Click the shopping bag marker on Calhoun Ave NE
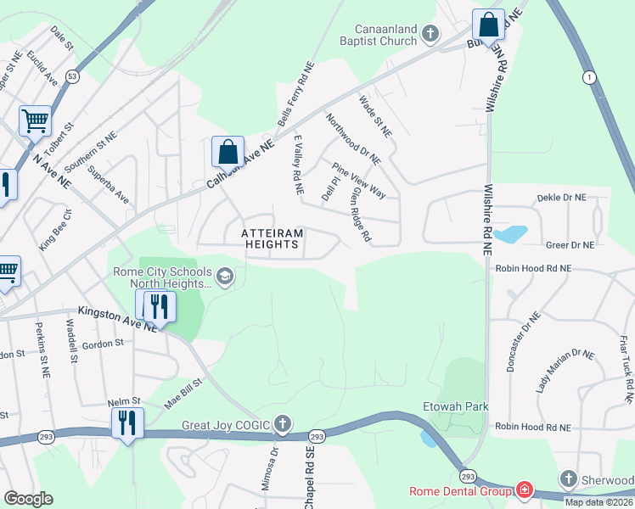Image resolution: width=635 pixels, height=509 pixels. tap(228, 152)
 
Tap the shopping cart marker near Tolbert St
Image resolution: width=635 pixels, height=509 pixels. tap(35, 120)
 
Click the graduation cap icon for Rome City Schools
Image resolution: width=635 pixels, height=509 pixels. tap(225, 275)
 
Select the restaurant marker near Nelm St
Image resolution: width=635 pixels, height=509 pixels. tap(127, 422)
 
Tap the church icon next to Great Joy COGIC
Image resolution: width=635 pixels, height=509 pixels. tap(283, 424)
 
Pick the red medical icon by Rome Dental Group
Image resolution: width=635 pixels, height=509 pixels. tap(524, 491)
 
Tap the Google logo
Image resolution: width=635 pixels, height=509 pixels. tap(28, 499)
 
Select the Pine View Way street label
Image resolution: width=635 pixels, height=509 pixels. tap(359, 181)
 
